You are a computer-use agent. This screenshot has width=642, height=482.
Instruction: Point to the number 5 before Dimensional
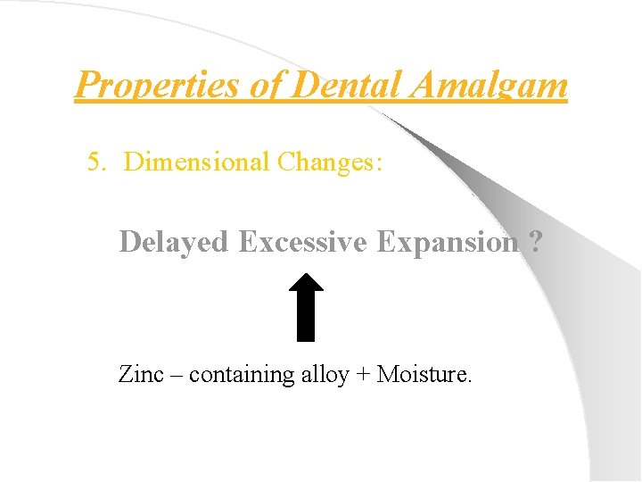(93, 162)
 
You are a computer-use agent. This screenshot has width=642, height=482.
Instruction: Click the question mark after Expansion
(534, 242)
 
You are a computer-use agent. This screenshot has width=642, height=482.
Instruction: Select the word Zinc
(141, 374)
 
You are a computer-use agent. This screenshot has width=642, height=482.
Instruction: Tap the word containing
(238, 375)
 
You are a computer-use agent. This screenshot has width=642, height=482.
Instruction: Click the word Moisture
(424, 374)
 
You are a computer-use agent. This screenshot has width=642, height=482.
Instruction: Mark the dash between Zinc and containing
(176, 375)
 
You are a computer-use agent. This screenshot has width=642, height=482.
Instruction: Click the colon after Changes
(380, 163)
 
